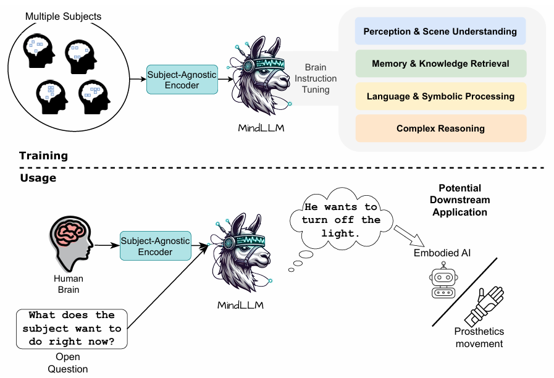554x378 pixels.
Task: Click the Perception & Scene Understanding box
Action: pyautogui.click(x=440, y=31)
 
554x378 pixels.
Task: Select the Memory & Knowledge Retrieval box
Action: pyautogui.click(x=440, y=64)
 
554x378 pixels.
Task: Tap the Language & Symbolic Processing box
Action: pyautogui.click(x=440, y=96)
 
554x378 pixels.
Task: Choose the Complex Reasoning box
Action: pyautogui.click(x=440, y=128)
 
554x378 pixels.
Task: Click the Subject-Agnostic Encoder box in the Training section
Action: pyautogui.click(x=182, y=80)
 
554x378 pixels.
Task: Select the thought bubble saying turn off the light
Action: pyautogui.click(x=341, y=220)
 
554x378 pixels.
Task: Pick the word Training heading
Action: pyautogui.click(x=43, y=156)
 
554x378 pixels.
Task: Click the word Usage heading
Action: pyautogui.click(x=38, y=178)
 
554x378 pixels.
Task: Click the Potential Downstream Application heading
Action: pyautogui.click(x=460, y=200)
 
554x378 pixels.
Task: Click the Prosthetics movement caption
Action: pyautogui.click(x=479, y=338)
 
